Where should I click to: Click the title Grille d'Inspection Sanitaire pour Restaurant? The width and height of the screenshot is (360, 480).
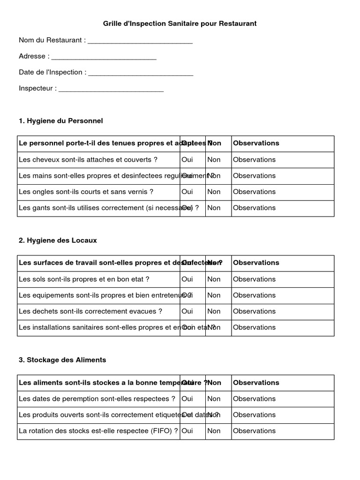coord(180,23)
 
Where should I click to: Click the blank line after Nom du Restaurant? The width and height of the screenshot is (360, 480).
coord(140,41)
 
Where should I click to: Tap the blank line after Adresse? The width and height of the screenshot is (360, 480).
coord(104,57)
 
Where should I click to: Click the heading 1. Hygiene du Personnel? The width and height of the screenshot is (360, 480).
coord(60,121)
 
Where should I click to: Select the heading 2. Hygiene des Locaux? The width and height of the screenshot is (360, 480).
coord(58,240)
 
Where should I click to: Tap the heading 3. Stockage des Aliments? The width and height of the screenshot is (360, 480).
coord(62,360)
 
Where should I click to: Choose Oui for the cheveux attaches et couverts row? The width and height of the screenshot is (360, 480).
coord(187,160)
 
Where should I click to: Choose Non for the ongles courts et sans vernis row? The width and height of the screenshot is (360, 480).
coord(214,192)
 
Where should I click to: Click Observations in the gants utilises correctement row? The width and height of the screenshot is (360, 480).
coord(254,208)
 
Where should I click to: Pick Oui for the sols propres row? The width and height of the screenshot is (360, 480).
coord(187,279)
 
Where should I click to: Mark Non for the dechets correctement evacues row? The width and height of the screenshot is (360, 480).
coord(214,311)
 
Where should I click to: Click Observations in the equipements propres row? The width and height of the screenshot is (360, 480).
coord(254,295)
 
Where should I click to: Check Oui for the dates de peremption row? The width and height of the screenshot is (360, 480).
coord(187,399)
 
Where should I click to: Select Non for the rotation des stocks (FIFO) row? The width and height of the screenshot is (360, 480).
coord(214,431)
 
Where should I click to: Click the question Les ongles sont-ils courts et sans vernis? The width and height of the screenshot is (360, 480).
coord(86,192)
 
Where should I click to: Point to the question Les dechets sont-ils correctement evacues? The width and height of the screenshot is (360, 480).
coord(90,311)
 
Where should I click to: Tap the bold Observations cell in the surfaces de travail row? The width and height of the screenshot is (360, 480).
coord(256,263)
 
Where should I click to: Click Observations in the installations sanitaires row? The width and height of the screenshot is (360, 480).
coord(254,327)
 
